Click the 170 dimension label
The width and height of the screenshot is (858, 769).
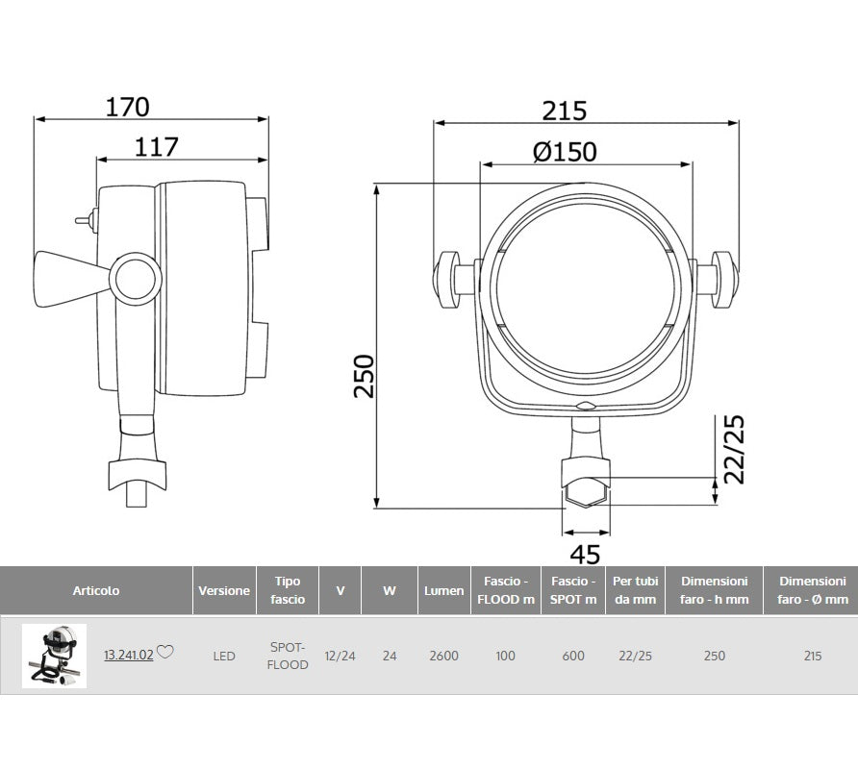pyautogui.click(x=127, y=108)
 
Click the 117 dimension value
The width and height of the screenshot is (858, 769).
pyautogui.click(x=157, y=147)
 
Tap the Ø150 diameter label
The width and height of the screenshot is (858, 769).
pyautogui.click(x=565, y=152)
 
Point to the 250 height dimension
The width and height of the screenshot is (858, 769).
pyautogui.click(x=364, y=376)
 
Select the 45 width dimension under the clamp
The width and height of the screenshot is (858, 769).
pyautogui.click(x=585, y=555)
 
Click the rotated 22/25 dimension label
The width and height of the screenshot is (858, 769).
pyautogui.click(x=734, y=449)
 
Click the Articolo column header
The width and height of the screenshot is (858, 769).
pyautogui.click(x=96, y=591)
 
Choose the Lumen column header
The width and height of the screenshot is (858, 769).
pyautogui.click(x=443, y=591)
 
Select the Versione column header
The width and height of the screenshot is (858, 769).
pyautogui.click(x=224, y=591)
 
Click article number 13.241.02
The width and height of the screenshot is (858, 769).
pyautogui.click(x=129, y=656)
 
